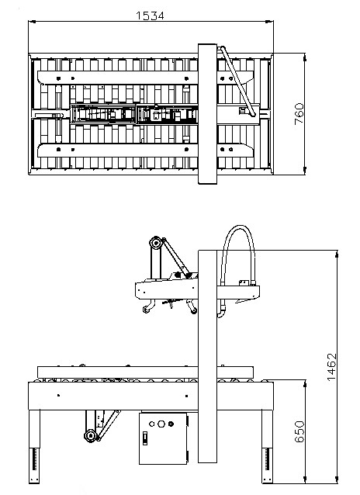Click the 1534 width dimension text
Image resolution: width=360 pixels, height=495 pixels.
[150, 16]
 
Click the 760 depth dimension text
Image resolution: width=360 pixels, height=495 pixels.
[299, 113]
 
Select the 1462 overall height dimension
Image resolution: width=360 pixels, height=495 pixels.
[331, 366]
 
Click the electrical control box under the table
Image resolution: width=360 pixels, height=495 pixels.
[163, 438]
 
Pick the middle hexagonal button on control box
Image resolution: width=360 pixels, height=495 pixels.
[161, 424]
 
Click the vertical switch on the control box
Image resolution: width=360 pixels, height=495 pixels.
[145, 438]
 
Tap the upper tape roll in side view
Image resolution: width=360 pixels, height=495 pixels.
[155, 243]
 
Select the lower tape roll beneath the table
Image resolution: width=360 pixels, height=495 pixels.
[90, 436]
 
